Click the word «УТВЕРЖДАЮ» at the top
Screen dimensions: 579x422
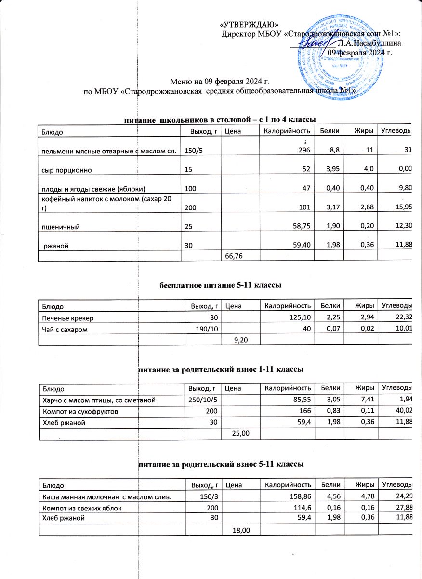(x=249, y=25)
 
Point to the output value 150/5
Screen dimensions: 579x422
(x=194, y=152)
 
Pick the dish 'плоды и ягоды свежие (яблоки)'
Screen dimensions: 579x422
(x=90, y=189)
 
